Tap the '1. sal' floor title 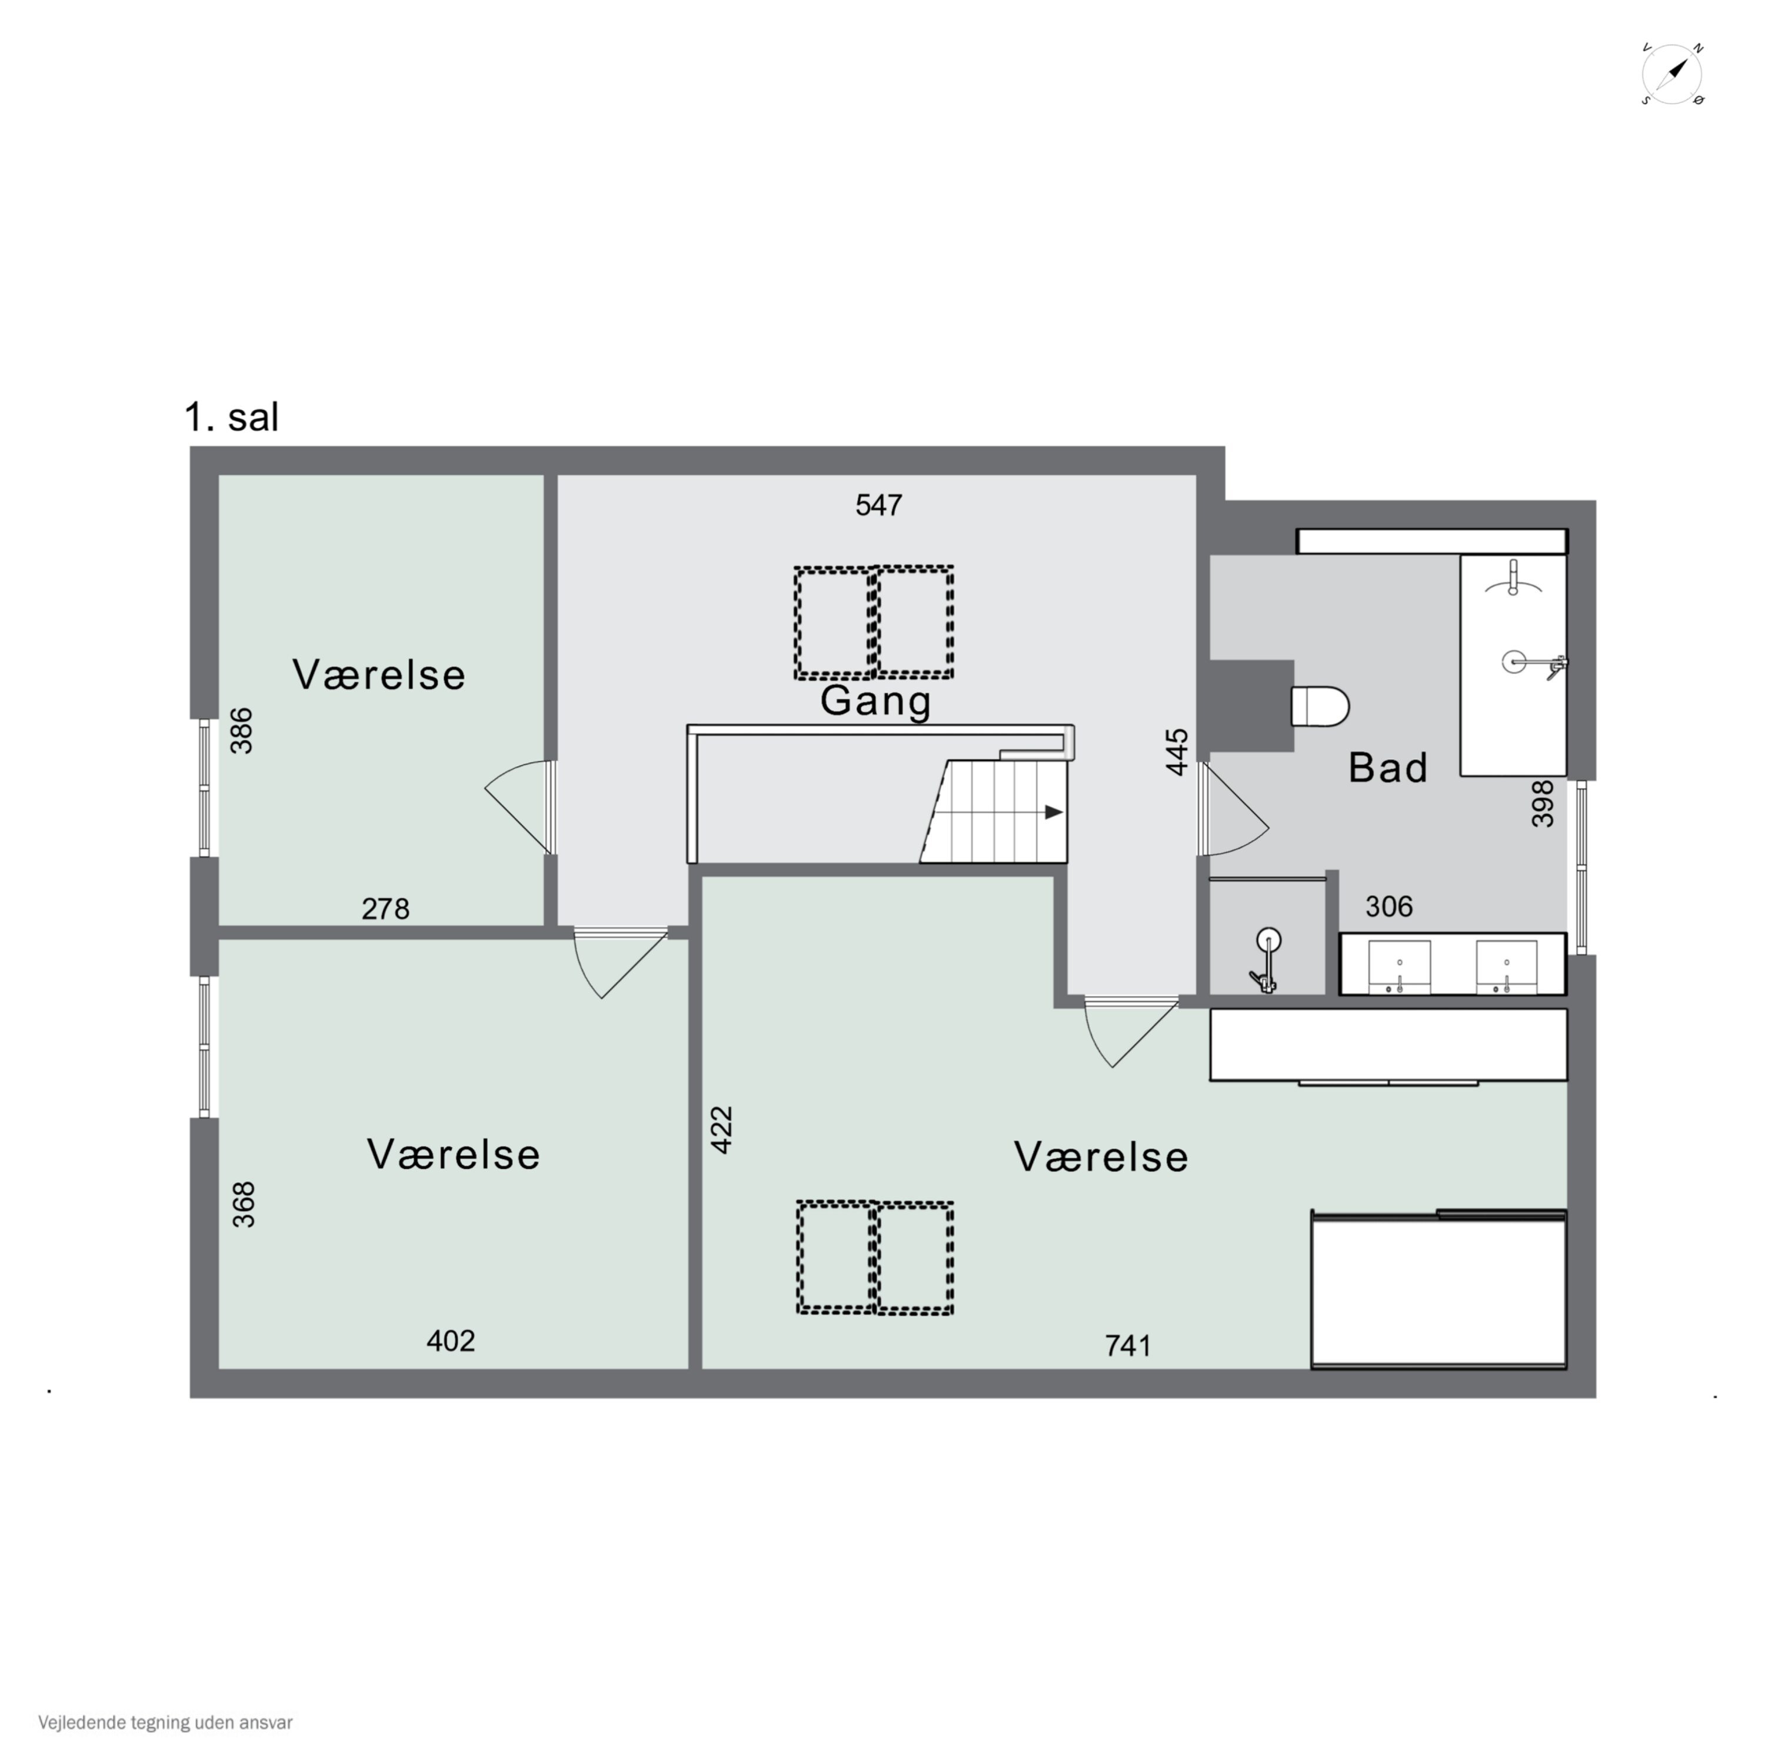pos(231,418)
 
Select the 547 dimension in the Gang pos(879,506)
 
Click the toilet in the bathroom pos(1320,706)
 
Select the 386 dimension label pos(241,730)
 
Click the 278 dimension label pos(385,909)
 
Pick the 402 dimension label pos(451,1341)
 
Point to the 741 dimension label pos(1128,1345)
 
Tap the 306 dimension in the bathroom pos(1388,906)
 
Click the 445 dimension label pos(1178,751)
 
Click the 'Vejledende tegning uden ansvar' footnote pos(165,1723)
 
